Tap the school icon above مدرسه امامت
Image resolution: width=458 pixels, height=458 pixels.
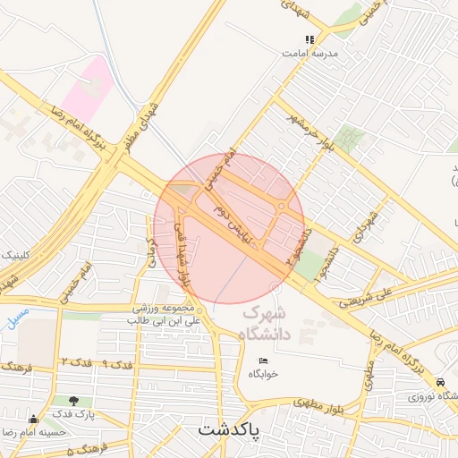310,40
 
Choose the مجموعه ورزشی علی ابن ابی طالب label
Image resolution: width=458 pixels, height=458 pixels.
168,313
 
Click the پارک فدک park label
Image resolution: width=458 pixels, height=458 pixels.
72,414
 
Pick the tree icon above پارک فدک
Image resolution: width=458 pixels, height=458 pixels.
72,401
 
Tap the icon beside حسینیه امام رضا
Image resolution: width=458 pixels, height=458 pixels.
34,419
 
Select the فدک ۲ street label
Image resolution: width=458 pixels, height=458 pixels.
77,360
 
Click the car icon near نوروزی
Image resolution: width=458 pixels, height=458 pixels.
442,381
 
